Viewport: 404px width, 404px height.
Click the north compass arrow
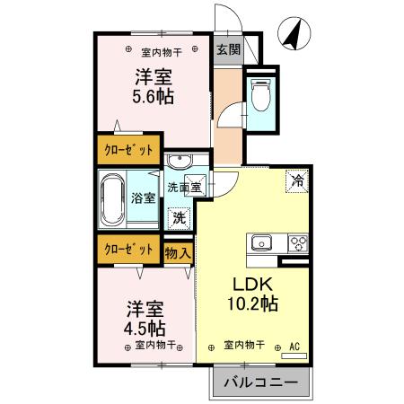click(294, 34)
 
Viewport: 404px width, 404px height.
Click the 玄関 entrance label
click(228, 50)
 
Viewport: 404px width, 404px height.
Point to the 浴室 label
click(142, 198)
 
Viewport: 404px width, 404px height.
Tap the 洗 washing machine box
click(180, 216)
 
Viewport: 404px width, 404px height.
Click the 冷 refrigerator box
click(296, 180)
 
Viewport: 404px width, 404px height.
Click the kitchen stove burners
click(296, 242)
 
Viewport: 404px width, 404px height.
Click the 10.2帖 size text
click(250, 303)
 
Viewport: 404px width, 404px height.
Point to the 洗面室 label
click(184, 188)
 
